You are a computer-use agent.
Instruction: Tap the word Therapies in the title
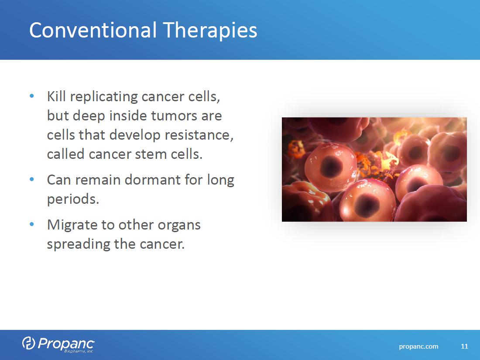click(210, 31)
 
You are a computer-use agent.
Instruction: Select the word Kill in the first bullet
click(56, 96)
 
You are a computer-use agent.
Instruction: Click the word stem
click(151, 154)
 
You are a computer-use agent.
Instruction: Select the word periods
click(73, 200)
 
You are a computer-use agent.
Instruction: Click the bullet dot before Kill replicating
click(32, 96)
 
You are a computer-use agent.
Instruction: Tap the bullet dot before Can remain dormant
click(32, 179)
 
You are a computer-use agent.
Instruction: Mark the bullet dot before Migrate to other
click(32, 224)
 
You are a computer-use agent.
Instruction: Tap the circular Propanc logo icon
click(28, 343)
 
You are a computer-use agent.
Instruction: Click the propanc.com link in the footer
click(418, 346)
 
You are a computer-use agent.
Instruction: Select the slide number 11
click(464, 346)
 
